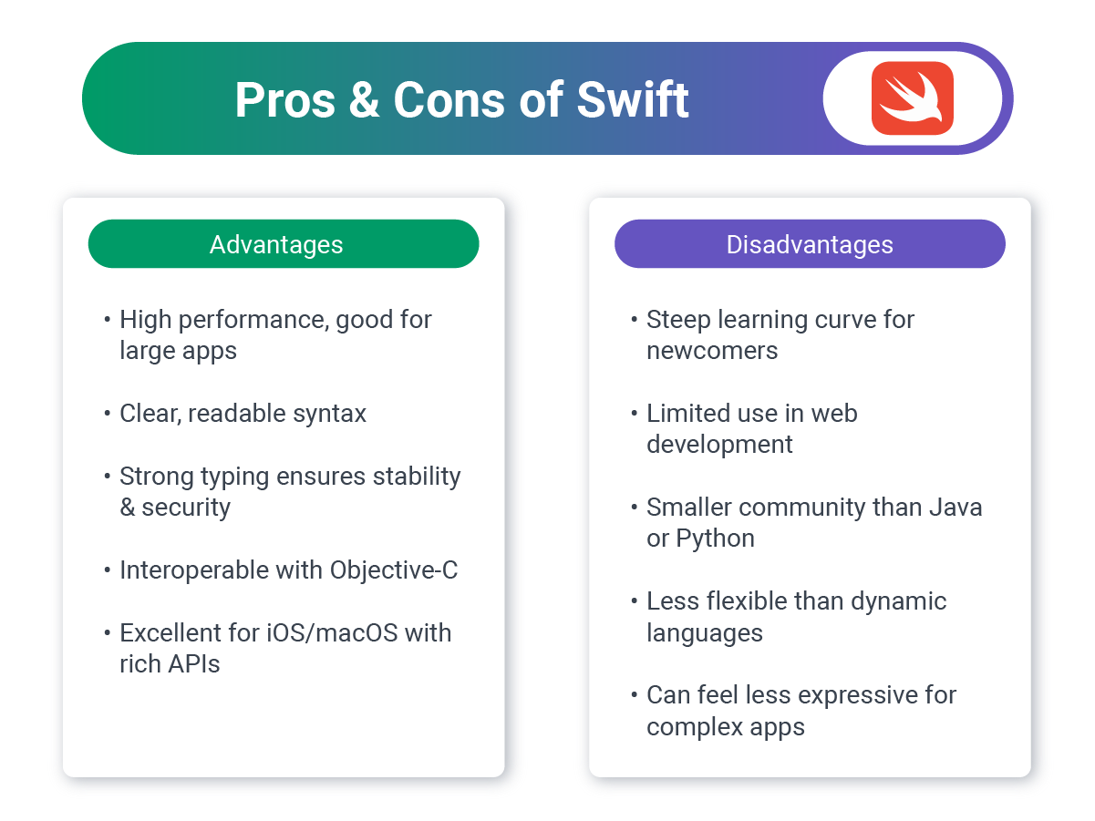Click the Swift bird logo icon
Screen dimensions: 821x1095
click(x=912, y=98)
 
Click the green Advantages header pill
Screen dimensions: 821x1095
click(x=283, y=244)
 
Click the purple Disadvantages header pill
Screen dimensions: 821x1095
click(x=810, y=244)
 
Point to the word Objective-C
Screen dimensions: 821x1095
click(x=394, y=570)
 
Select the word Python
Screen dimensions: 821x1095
click(x=715, y=539)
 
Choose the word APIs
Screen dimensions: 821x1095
click(x=194, y=663)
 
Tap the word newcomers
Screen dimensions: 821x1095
click(x=712, y=351)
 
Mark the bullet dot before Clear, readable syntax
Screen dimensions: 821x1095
click(x=108, y=414)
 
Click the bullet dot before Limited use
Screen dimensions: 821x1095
click(x=635, y=414)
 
